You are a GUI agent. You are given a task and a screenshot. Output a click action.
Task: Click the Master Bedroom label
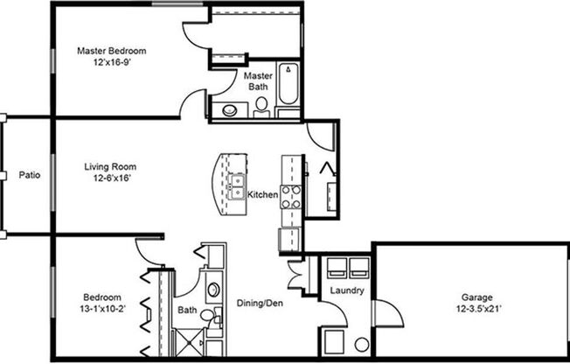coord(110,51)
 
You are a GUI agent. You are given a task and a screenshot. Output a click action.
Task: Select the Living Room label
coord(110,166)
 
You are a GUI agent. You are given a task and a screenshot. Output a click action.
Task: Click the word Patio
coord(29,175)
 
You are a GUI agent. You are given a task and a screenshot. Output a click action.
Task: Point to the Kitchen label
coord(262,194)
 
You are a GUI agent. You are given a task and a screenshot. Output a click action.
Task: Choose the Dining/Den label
coord(259,303)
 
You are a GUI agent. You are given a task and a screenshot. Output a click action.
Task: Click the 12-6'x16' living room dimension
coord(110,178)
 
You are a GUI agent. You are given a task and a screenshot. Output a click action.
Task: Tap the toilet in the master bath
coord(261,107)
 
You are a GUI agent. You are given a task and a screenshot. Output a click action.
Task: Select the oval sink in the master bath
coord(230,110)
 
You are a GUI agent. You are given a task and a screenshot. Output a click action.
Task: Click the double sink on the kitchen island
coord(236,184)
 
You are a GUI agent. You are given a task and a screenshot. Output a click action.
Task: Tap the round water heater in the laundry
coord(361,344)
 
